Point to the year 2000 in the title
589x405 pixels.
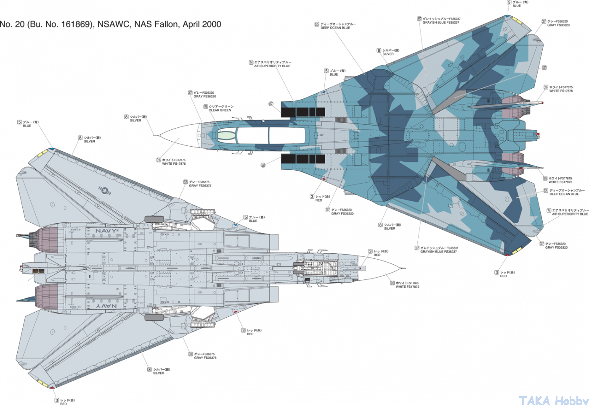click(x=212, y=24)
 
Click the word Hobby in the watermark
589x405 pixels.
click(x=571, y=400)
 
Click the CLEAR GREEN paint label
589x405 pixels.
click(x=220, y=110)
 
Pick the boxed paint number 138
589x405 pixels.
click(x=206, y=107)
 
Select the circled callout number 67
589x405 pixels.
click(x=271, y=104)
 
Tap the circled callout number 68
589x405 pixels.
click(x=263, y=166)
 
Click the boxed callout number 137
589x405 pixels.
click(x=544, y=68)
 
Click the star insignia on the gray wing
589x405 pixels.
click(x=104, y=190)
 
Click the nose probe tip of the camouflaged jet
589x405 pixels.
click(x=155, y=135)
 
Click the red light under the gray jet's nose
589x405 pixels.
click(x=360, y=268)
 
